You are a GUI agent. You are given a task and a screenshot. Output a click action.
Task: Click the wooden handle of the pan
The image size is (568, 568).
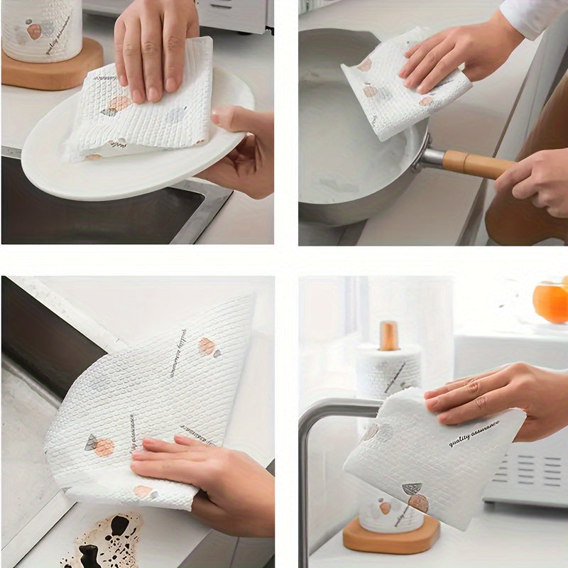(474, 164)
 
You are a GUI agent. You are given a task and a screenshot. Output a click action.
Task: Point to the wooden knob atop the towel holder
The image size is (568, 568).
(388, 335)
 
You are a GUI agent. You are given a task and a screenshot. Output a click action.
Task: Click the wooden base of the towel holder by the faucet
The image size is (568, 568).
(390, 536)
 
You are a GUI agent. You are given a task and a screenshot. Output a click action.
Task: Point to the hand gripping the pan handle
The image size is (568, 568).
(532, 181)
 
